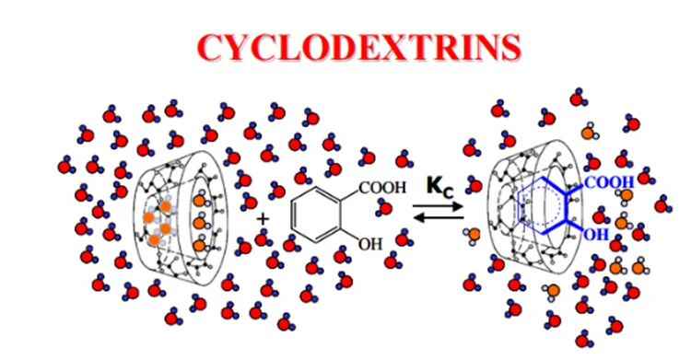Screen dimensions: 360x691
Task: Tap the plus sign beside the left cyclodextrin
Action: click(x=263, y=219)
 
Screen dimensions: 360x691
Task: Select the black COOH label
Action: click(x=380, y=188)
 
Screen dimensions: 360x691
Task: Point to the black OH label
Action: click(x=370, y=244)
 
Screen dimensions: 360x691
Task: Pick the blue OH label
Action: click(x=596, y=235)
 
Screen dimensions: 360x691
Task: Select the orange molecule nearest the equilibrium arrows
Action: click(x=472, y=236)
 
